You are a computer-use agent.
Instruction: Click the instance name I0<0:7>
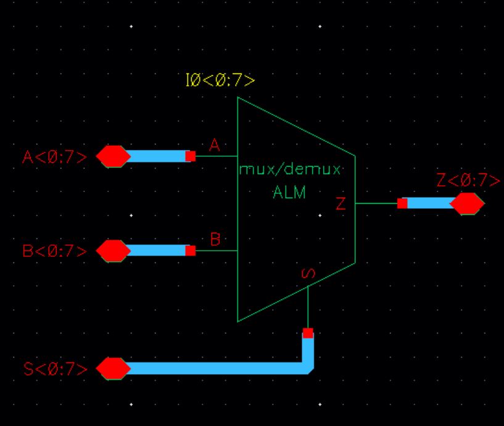tap(220, 81)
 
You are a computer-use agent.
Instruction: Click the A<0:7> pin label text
tap(54, 157)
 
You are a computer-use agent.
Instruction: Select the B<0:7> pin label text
tap(54, 251)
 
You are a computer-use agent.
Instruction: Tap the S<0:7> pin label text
tap(54, 369)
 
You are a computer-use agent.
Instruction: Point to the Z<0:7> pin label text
tap(468, 180)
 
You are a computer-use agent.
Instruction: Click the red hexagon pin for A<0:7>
tap(114, 156)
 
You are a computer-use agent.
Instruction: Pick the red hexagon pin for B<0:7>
tap(114, 251)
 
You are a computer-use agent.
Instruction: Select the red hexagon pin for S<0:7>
tap(114, 369)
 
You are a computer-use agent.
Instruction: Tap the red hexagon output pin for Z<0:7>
tap(467, 203)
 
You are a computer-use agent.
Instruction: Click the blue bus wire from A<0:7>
tap(158, 156)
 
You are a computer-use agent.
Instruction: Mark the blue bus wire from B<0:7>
tap(158, 251)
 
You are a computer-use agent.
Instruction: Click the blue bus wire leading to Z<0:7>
tap(429, 203)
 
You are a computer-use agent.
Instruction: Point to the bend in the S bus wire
tap(307, 367)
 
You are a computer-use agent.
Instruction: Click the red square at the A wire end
tap(191, 156)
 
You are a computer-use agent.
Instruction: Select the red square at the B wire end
tap(191, 251)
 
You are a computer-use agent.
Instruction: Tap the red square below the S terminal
tap(308, 333)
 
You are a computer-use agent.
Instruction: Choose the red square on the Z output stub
tap(402, 203)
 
